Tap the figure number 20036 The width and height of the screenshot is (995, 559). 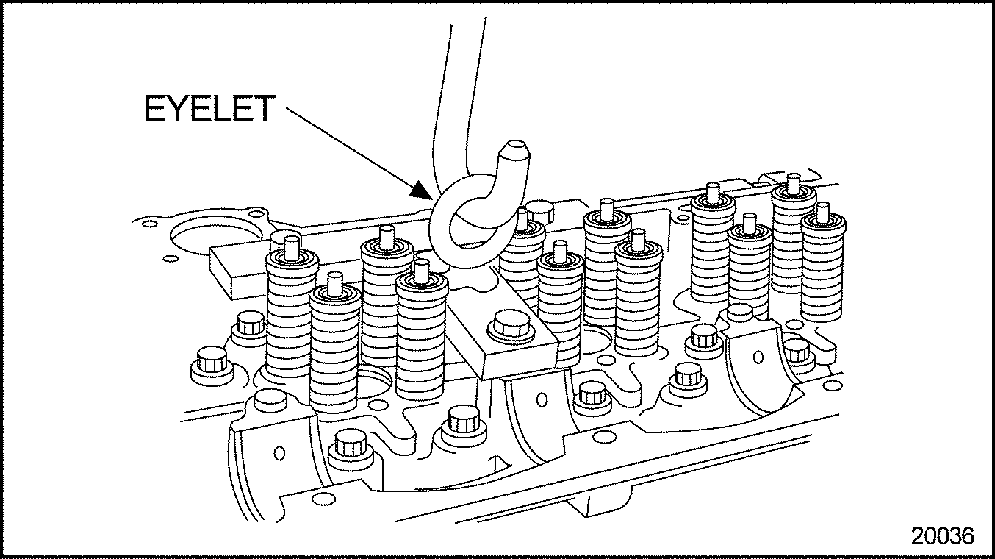coord(943,536)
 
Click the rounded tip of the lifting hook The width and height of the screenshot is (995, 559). coord(515,149)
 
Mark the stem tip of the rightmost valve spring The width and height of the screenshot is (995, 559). coord(822,212)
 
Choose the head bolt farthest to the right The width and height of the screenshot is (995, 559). coord(797,352)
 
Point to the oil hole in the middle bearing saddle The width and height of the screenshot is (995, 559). coord(542,399)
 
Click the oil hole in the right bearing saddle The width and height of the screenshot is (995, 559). coord(758,357)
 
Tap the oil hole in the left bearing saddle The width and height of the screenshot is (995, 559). coord(279,453)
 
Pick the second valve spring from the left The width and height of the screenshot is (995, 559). coord(334,343)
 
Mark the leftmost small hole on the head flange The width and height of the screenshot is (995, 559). coord(150,223)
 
